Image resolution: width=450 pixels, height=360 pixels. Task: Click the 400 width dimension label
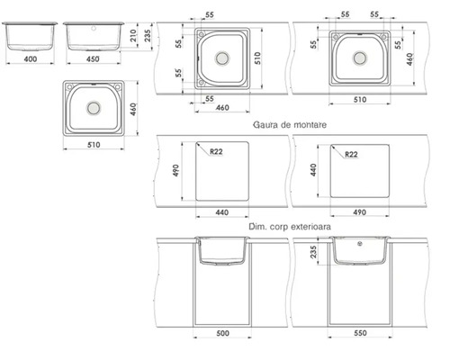pos(31,59)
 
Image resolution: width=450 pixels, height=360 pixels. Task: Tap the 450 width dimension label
pos(93,59)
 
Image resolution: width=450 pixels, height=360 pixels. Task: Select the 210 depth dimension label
pos(133,35)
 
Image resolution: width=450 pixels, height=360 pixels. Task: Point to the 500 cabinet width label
pos(222,333)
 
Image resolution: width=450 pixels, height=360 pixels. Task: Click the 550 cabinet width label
pos(360,333)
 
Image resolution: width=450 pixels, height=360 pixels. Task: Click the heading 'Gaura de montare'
pos(290,124)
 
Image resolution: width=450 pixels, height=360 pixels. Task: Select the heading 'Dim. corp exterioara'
pos(290,227)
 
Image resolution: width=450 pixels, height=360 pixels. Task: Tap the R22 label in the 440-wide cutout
pos(216,151)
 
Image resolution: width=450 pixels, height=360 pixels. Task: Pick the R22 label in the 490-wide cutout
pos(351,154)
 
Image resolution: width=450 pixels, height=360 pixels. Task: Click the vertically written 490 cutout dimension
pos(175,170)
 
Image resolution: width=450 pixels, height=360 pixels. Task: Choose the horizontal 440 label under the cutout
pos(222,212)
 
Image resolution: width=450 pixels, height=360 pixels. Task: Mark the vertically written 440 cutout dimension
pos(313,170)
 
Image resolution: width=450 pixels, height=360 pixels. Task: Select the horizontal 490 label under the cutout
pos(359,212)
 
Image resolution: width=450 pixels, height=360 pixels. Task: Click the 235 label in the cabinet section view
pos(313,252)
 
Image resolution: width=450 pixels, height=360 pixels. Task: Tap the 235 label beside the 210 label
pos(148,35)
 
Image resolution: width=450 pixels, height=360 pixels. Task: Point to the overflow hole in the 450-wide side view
pos(94,29)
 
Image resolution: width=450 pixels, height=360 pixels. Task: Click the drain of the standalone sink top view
pos(94,108)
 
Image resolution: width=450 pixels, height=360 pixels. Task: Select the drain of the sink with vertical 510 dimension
pos(222,58)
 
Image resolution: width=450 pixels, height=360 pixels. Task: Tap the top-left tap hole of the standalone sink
pos(69,87)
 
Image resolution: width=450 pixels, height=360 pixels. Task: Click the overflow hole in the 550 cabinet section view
pos(360,244)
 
